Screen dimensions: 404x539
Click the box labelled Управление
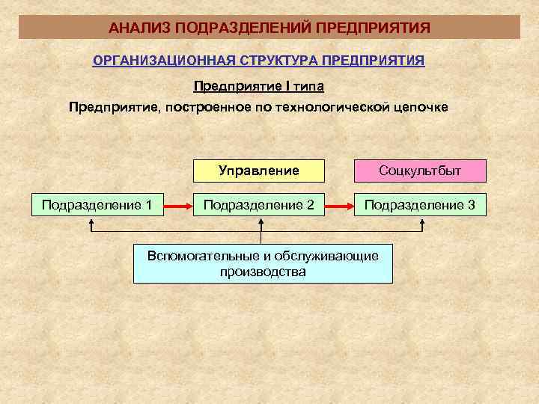(259, 171)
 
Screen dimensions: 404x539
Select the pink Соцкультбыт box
(420, 171)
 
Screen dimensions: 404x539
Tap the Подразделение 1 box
(97, 204)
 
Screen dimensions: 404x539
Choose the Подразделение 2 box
(259, 204)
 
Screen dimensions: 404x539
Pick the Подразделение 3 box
(420, 204)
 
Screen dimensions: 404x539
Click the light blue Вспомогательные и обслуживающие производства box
(263, 263)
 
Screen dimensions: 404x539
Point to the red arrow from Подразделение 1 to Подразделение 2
(178, 204)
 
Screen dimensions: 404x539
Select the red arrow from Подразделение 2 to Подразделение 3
(340, 204)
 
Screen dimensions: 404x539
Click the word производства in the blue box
(263, 272)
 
